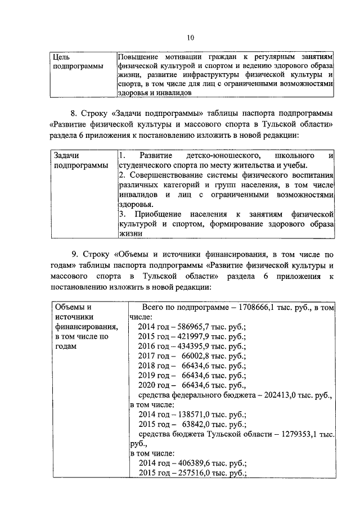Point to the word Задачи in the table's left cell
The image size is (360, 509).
[x=66, y=155]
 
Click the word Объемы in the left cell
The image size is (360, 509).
[x=68, y=307]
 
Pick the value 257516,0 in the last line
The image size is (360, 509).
[x=188, y=473]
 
